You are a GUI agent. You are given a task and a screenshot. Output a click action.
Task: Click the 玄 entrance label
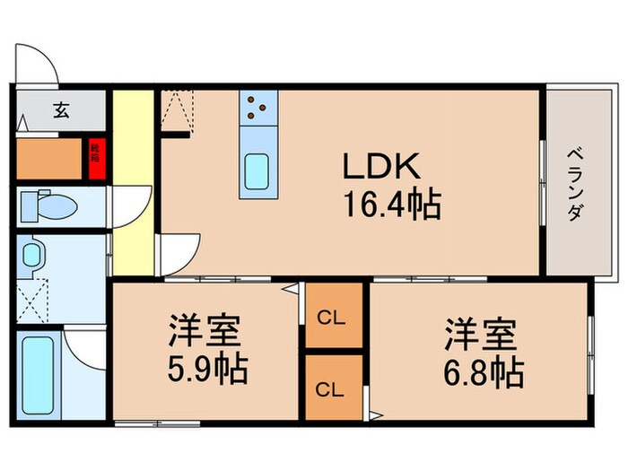[61, 111]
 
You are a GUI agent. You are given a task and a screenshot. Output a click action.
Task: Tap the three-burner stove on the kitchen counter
[257, 109]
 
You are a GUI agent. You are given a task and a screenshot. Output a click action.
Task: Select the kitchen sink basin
[257, 170]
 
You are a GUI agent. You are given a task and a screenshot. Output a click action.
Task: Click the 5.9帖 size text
[206, 370]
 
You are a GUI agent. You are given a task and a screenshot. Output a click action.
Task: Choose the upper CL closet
[333, 317]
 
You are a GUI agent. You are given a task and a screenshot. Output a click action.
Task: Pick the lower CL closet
[333, 389]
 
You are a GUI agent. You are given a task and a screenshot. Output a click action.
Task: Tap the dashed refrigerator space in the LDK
[177, 112]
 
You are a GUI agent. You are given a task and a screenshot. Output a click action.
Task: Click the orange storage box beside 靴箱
[50, 159]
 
